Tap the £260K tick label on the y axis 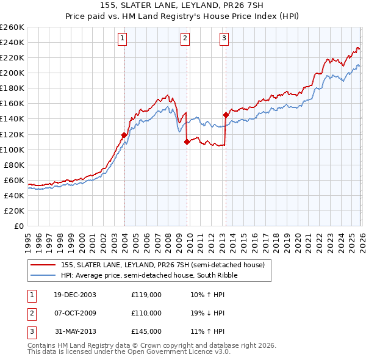[x=12, y=27]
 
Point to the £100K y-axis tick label [x=12, y=149]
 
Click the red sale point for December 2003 [x=124, y=135]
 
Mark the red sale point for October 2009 [x=187, y=142]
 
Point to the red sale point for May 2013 [x=226, y=115]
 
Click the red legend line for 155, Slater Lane [x=43, y=265]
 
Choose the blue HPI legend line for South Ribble [x=43, y=276]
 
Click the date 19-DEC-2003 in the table [x=74, y=295]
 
